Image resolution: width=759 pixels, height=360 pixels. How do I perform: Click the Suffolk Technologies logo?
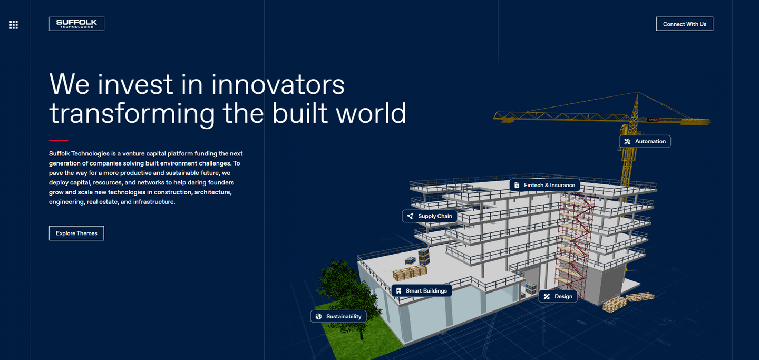pos(76,24)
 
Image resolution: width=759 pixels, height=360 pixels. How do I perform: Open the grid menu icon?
pos(14,25)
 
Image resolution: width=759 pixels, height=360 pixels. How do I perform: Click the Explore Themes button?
pos(76,233)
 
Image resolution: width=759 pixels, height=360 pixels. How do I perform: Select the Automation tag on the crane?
pos(645,141)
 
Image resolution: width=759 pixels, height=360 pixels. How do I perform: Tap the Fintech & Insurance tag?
pos(544,185)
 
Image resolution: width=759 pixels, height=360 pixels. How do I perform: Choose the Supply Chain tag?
pos(430,216)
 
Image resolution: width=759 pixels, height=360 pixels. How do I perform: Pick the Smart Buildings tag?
pos(421,290)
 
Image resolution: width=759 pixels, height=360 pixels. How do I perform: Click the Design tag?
pos(558,296)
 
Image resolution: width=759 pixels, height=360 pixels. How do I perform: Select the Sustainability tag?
pos(338,316)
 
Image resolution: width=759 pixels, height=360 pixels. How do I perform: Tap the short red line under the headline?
pos(59,140)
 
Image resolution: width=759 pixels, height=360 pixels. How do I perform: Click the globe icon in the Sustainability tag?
pos(318,316)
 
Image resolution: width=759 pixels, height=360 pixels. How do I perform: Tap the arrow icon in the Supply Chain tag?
pos(411,216)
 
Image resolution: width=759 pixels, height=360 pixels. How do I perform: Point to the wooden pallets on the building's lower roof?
pos(409,273)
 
